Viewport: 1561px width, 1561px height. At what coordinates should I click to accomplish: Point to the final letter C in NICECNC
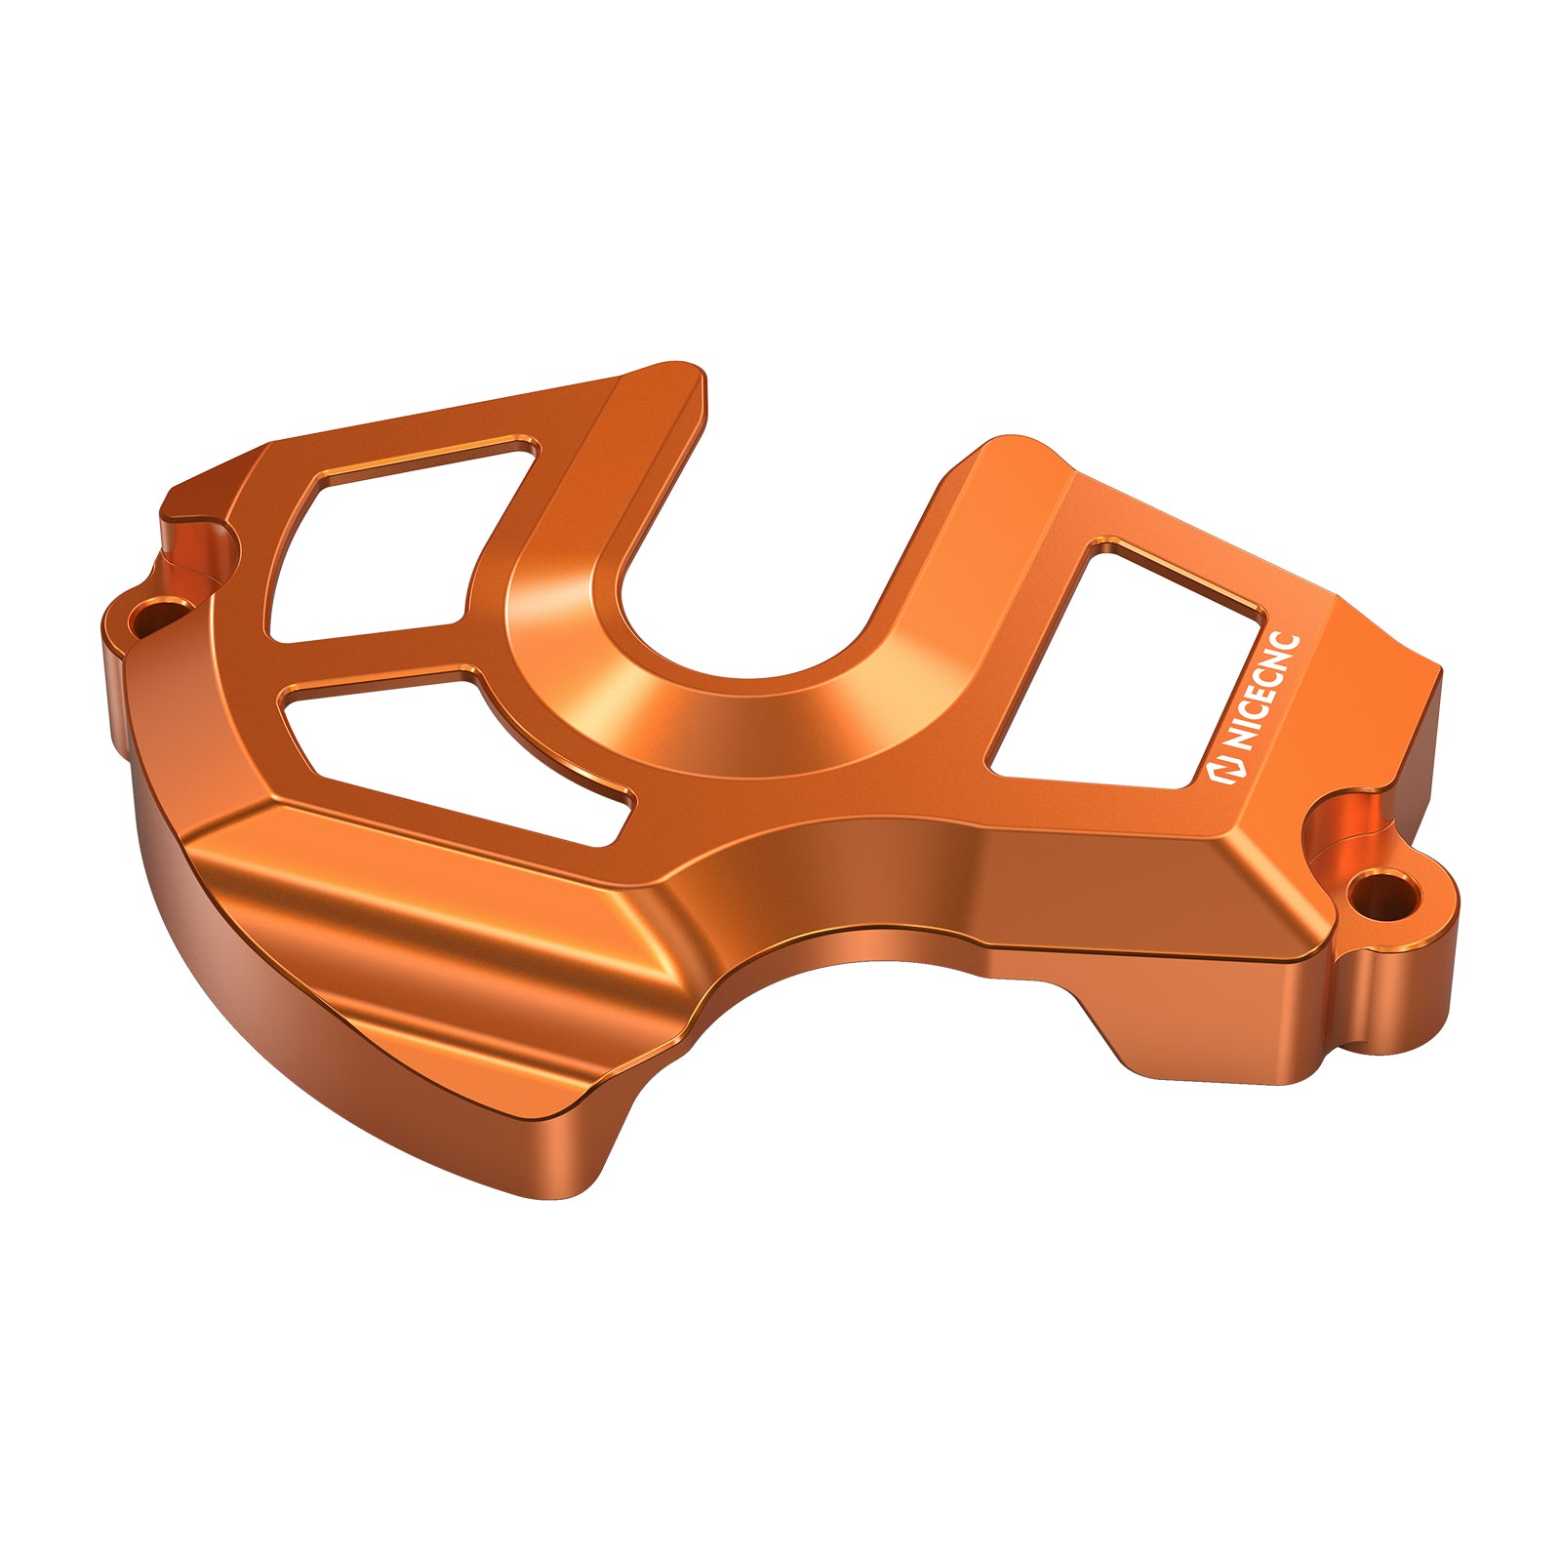[x=1290, y=646]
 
